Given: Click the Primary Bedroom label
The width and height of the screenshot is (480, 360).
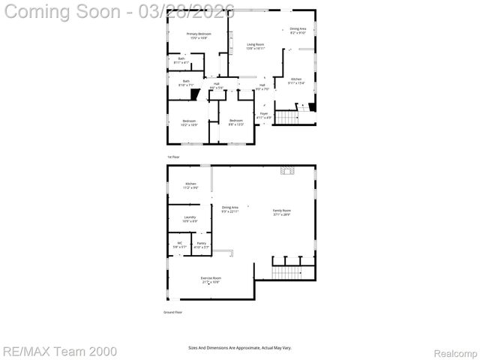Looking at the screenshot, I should click(x=198, y=35).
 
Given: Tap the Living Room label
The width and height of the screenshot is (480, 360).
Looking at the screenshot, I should click(x=256, y=46).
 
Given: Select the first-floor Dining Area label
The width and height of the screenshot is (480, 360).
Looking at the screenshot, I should click(x=298, y=31).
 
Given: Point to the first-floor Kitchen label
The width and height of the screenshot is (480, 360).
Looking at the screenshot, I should click(x=296, y=80).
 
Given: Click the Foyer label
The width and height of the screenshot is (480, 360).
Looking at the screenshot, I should click(x=264, y=115).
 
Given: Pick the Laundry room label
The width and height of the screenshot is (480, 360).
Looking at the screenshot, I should click(x=190, y=219).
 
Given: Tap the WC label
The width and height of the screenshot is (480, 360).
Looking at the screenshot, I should click(x=180, y=244).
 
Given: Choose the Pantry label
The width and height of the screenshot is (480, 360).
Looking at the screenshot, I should click(x=201, y=244).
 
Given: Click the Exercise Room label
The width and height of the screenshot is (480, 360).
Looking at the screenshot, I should click(x=210, y=280).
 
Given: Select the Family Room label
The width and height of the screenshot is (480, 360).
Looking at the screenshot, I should click(x=281, y=212).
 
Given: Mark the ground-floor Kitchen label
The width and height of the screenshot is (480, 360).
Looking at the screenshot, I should click(x=191, y=186).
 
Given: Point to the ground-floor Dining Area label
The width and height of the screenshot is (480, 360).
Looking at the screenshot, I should click(x=229, y=209).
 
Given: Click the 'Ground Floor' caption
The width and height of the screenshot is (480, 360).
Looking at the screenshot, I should click(x=172, y=312).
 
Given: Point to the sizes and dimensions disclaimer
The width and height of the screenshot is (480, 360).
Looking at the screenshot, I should click(x=240, y=347).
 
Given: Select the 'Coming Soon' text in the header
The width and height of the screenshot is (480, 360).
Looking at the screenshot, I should click(x=64, y=10).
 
